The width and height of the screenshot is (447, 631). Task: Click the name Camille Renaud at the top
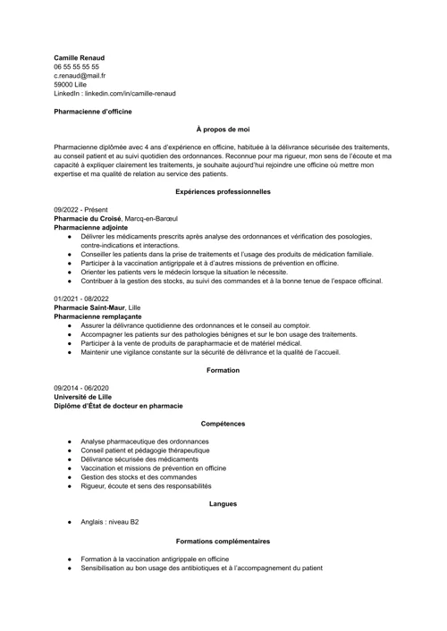coord(80,57)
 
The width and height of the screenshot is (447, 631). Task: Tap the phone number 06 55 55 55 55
coord(76,66)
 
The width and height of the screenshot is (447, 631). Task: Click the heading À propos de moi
coord(223,129)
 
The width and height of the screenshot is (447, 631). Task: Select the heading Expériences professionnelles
coord(223,191)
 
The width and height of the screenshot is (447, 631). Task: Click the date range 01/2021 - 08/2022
coord(81,298)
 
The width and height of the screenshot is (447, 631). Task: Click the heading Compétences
coord(223,423)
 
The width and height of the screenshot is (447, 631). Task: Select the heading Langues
coord(223,503)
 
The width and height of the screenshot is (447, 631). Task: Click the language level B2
coord(133,521)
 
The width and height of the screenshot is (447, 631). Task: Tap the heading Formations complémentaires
coord(223,541)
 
